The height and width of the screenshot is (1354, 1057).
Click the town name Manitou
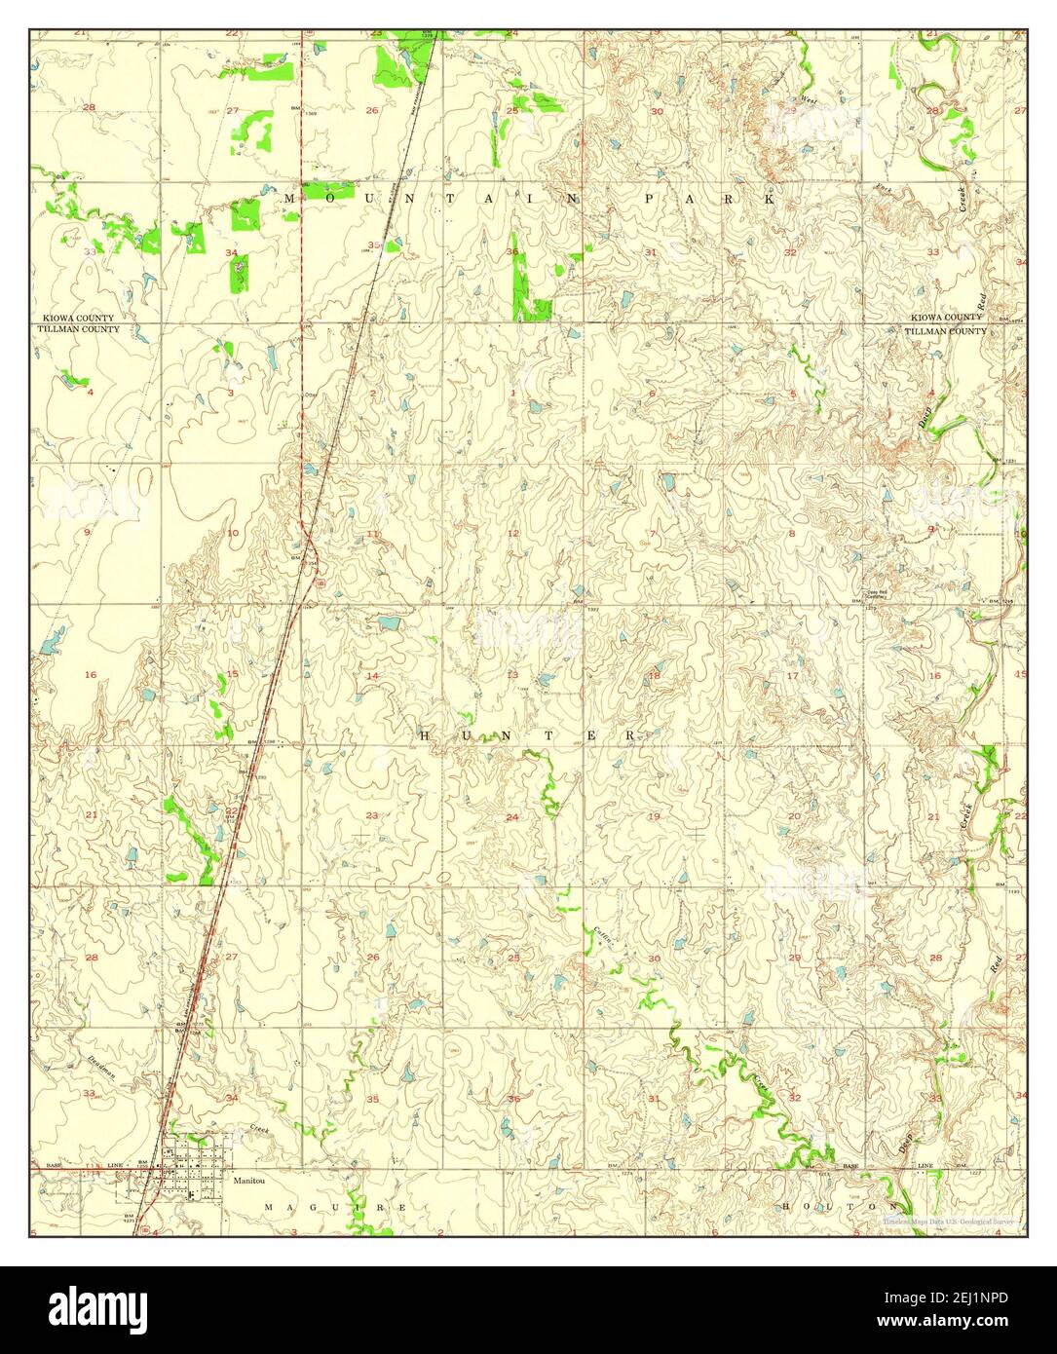[248, 1179]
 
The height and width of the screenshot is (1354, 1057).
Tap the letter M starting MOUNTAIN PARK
[289, 198]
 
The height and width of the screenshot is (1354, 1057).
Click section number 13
[512, 674]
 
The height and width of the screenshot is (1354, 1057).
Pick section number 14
[372, 675]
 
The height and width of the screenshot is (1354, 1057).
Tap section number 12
[512, 533]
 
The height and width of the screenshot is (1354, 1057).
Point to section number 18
[654, 674]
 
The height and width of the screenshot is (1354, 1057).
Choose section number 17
[792, 675]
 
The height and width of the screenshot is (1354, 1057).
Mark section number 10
[232, 533]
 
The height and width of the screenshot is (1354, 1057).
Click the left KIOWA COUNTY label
[78, 319]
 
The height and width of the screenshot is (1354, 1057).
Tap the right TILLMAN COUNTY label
[946, 331]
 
